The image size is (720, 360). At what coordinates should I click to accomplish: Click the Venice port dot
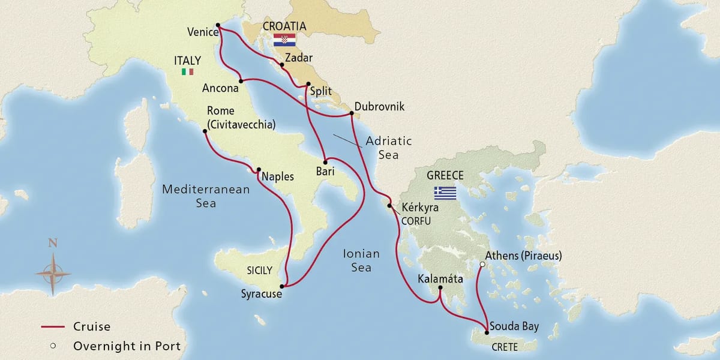coord(218,26)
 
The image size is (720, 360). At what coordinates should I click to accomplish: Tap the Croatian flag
coord(284,40)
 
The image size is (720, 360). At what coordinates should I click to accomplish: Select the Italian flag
coord(187,71)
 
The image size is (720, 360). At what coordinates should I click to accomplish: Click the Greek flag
coord(446,193)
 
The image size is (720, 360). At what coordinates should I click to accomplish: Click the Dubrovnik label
coord(379,107)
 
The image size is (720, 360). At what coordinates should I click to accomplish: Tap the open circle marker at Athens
coord(482,263)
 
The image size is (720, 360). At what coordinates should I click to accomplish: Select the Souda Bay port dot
coord(486,332)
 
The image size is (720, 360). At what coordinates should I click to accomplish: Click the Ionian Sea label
coord(361,260)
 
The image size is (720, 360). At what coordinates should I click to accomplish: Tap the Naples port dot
coord(259,169)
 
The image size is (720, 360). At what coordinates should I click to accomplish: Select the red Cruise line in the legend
coord(52,327)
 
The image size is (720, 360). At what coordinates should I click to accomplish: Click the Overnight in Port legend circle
coord(53,346)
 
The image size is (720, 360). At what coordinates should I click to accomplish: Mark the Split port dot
coord(308,84)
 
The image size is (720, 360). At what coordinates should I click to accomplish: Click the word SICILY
coord(259,271)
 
